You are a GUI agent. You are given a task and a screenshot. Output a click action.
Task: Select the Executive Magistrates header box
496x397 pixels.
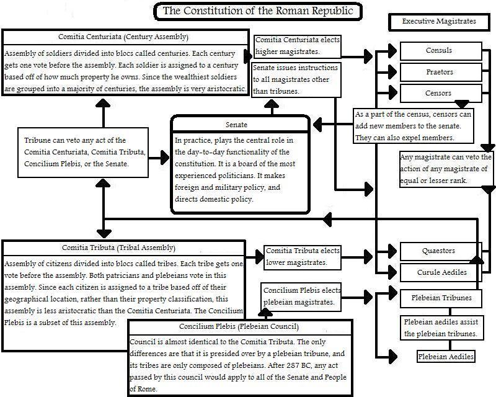tap(439, 22)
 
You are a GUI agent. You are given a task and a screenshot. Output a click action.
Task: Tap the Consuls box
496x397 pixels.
tap(439, 51)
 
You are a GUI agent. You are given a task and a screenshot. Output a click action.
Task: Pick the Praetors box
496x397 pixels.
tap(439, 73)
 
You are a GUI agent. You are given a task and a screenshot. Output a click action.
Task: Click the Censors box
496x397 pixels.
tap(439, 94)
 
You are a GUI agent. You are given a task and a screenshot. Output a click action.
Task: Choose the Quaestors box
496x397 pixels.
tap(439, 251)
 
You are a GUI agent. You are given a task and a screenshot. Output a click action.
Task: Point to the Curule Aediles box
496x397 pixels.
tap(439, 272)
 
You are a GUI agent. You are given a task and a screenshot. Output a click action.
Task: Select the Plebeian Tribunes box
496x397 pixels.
tap(441, 298)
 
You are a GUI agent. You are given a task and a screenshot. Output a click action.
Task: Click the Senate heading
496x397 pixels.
tap(240, 124)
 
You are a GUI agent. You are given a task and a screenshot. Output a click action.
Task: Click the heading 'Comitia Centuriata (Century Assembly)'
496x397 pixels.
tap(124, 37)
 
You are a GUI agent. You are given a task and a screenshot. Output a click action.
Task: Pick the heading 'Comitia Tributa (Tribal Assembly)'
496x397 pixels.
tap(124, 248)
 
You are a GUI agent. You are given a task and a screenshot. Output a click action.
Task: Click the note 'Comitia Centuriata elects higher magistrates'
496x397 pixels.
tap(297, 45)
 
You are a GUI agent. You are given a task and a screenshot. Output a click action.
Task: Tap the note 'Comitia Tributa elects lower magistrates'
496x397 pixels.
tap(303, 257)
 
